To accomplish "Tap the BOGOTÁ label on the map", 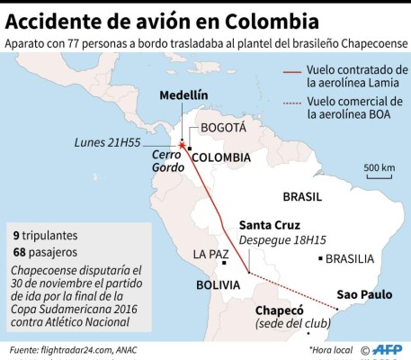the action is tap(222, 128).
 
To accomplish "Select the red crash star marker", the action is tap(182, 145).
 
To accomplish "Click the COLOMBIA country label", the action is tap(220, 157).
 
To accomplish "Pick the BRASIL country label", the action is tap(302, 196).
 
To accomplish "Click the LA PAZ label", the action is tap(213, 255).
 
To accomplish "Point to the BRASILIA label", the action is tap(349, 259).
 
